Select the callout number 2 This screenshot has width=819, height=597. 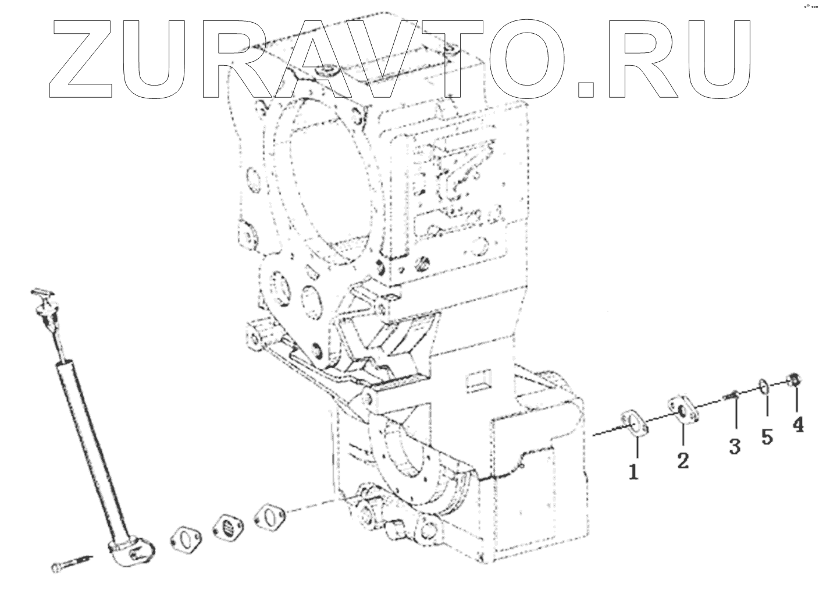tap(682, 460)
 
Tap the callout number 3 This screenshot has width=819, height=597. tap(735, 447)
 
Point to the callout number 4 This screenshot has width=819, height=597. tap(798, 425)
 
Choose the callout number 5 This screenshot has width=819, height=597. tap(767, 437)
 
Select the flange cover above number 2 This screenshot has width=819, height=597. tap(682, 411)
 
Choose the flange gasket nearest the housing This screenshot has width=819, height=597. tap(269, 514)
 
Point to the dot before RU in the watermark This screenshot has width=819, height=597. tap(586, 87)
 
